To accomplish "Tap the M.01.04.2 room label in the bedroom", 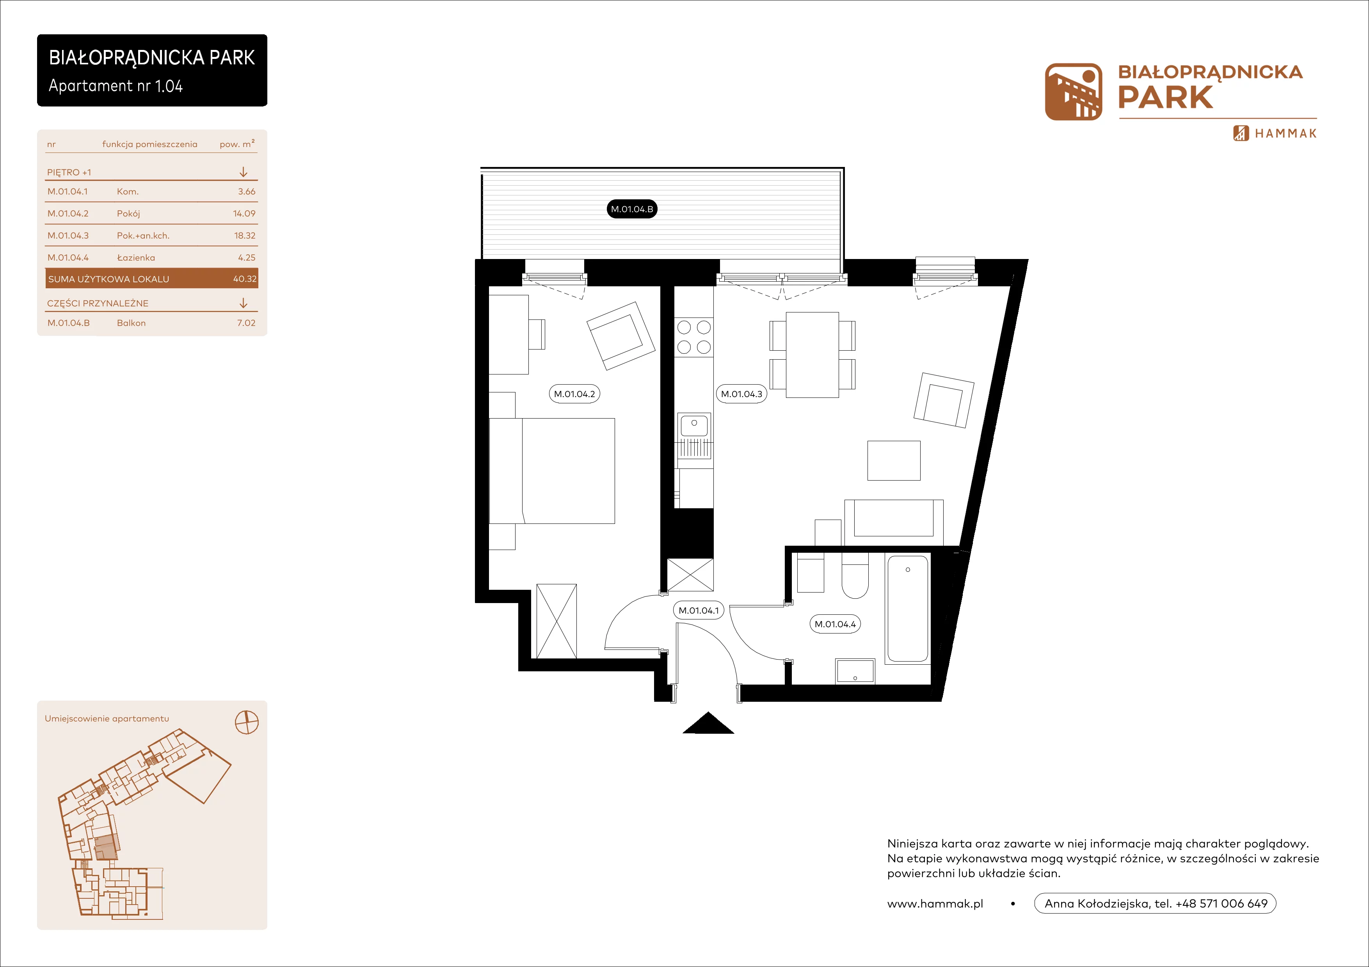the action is pyautogui.click(x=574, y=394).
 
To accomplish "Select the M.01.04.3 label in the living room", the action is pyautogui.click(x=741, y=394).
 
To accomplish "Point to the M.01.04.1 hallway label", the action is pyautogui.click(x=699, y=610).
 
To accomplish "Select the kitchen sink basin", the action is pyautogui.click(x=694, y=426).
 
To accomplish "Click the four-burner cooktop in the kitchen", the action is pyautogui.click(x=694, y=337).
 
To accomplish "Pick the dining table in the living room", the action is pyautogui.click(x=812, y=355).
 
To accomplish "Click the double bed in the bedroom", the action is pyautogui.click(x=552, y=471).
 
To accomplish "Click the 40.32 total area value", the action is pyautogui.click(x=244, y=279).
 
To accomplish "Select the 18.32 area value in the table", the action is pyautogui.click(x=244, y=235).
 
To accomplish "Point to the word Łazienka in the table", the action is pyautogui.click(x=136, y=257).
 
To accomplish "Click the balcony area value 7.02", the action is pyautogui.click(x=246, y=323).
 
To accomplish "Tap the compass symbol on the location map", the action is pyautogui.click(x=247, y=723).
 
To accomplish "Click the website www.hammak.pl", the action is pyautogui.click(x=935, y=904).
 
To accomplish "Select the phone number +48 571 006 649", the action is pyautogui.click(x=1221, y=903).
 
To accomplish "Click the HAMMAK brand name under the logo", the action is pyautogui.click(x=1285, y=133).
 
